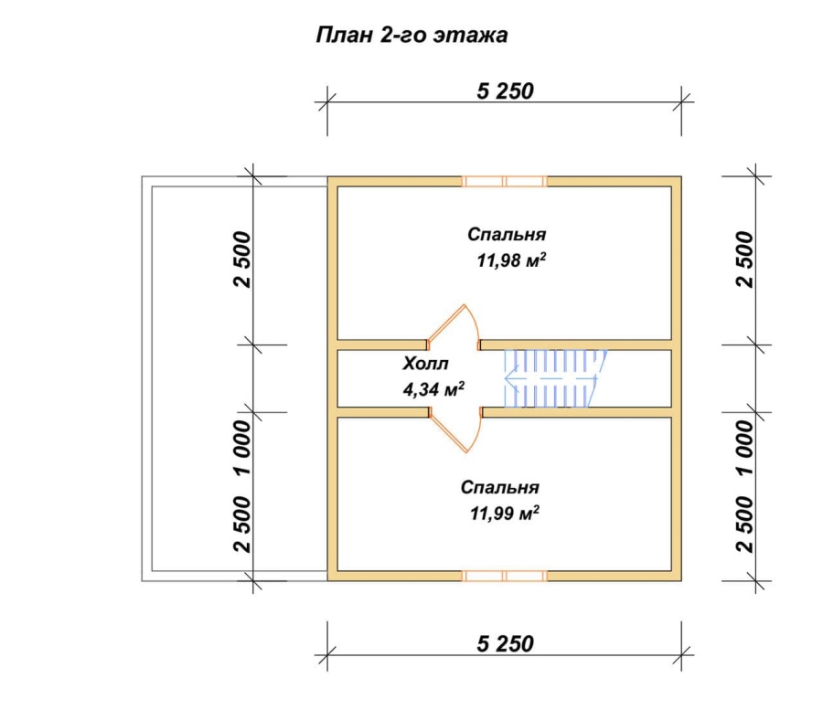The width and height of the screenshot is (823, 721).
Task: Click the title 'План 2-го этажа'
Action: point(412,35)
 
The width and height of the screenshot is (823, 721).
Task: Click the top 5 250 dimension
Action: point(505,91)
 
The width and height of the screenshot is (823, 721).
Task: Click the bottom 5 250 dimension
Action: point(505,644)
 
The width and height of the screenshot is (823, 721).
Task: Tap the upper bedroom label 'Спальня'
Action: point(507,234)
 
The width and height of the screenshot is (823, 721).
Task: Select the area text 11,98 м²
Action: point(511,260)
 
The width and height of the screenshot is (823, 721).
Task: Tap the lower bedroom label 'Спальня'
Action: point(499,488)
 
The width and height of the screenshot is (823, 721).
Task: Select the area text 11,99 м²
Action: point(505,513)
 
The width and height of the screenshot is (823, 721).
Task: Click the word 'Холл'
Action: point(425,364)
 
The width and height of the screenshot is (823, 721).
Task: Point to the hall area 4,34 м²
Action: point(433,389)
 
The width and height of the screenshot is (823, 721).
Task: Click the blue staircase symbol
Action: point(555,378)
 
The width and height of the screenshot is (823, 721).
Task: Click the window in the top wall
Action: point(505,182)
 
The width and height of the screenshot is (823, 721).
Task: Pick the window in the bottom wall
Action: point(505,577)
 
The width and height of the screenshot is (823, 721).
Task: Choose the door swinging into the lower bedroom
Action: point(454,430)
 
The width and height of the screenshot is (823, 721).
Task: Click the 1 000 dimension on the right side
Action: point(744,447)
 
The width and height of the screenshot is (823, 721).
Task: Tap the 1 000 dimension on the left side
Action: point(243,447)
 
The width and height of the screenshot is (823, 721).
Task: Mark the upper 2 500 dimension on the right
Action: point(744,260)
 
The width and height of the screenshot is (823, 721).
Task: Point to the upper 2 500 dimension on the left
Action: point(243,260)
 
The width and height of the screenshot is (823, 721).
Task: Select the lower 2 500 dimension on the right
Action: point(744,525)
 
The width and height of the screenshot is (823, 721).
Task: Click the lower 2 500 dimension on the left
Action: point(243,525)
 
